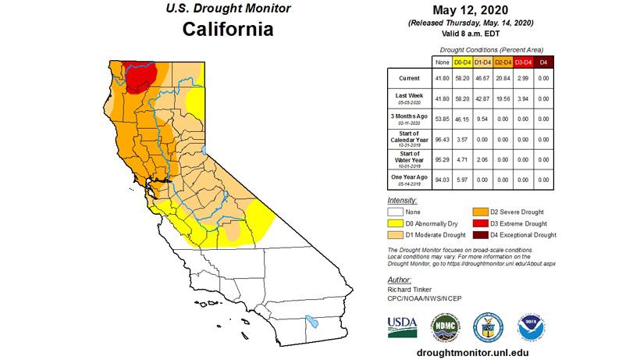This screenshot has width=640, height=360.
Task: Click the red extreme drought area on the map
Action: click(x=142, y=74)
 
